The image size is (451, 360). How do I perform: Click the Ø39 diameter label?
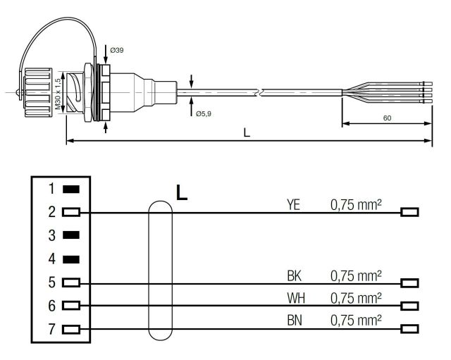[x=117, y=51]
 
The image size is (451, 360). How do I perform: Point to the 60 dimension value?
[x=387, y=118]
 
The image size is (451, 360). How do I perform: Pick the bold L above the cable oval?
[x=181, y=192]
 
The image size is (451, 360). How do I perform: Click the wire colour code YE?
[x=295, y=204]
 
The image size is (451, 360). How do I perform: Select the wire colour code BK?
[x=295, y=275]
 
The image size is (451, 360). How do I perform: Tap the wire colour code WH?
[x=295, y=298]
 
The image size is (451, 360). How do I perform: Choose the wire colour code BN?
[x=295, y=321]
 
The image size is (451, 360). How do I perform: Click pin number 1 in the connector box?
[x=51, y=189]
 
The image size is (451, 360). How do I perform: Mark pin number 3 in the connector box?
[x=51, y=235]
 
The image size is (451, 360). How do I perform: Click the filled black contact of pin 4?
[x=70, y=259]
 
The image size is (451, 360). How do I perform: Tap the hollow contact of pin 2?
[x=70, y=212]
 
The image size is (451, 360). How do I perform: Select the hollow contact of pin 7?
[x=70, y=328]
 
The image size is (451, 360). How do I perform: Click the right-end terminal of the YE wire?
[x=409, y=212]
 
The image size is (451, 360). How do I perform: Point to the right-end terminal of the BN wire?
[x=409, y=328]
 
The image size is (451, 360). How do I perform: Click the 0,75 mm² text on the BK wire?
[x=357, y=275]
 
